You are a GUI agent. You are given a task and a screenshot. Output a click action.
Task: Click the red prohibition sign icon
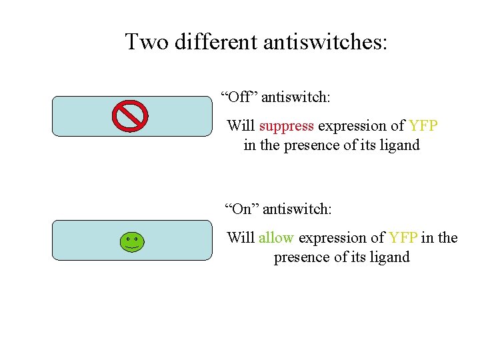coord(129,116)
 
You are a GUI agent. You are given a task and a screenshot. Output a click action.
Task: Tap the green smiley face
coord(132,242)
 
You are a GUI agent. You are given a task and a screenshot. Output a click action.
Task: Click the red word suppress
coord(286,126)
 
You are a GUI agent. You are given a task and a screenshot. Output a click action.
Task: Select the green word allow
coord(277,238)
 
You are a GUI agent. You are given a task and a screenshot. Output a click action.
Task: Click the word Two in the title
coord(145,42)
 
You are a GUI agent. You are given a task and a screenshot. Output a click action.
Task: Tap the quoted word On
coord(241,209)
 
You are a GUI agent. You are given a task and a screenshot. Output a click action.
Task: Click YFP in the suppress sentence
coord(423,126)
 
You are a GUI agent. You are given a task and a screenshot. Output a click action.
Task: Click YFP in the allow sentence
coord(403,238)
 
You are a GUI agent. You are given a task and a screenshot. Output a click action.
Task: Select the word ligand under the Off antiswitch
coord(398,145)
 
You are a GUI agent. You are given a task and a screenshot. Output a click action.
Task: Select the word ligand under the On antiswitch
coord(387,257)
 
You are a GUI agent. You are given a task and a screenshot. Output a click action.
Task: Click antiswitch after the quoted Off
coord(296,97)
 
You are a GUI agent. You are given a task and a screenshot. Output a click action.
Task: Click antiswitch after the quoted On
coord(297,209)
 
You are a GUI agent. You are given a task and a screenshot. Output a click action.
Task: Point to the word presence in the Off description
coord(312,145)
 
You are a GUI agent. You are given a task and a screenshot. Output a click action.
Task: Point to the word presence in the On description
coord(301,257)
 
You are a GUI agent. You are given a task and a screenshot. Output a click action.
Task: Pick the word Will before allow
coord(241,238)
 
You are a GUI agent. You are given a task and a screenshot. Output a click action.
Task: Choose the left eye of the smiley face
coord(128,238)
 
